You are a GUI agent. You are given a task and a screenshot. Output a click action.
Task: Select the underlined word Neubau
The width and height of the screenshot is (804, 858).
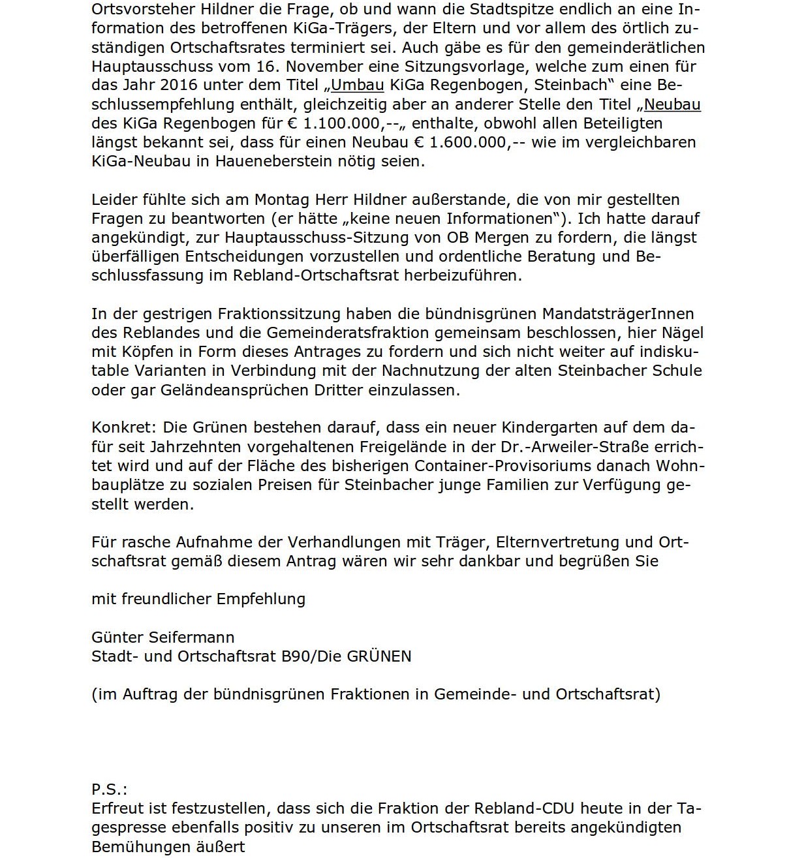(672, 104)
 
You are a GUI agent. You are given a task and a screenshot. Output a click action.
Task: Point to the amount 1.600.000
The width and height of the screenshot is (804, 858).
(460, 142)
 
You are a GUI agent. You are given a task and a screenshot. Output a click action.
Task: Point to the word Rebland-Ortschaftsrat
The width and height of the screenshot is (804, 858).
(316, 275)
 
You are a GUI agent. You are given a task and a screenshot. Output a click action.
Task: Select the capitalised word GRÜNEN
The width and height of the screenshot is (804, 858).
(379, 656)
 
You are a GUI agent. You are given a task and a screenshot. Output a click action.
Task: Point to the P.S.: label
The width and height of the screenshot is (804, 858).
(109, 789)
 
